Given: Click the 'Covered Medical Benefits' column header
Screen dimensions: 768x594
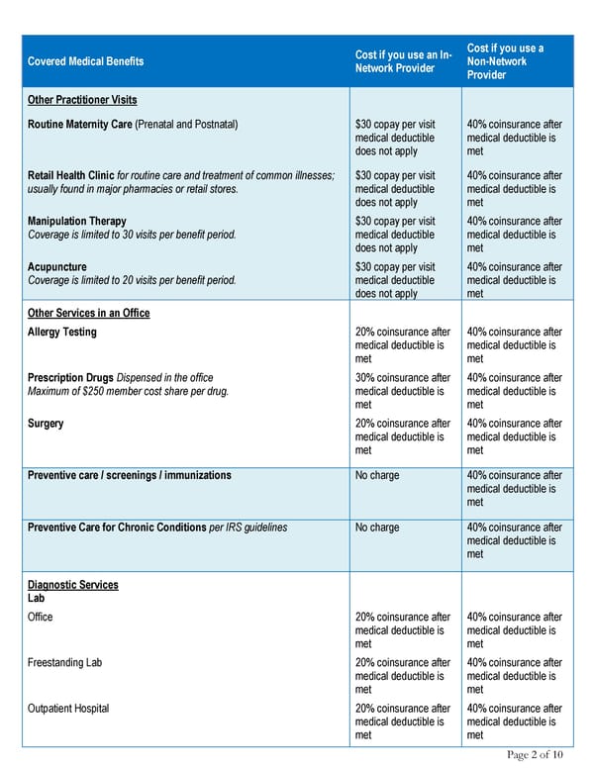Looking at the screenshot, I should tap(85, 61).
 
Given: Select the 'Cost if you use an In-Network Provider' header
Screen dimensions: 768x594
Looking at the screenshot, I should tap(403, 61).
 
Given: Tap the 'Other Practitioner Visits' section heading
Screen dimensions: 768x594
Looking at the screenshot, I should tap(82, 100).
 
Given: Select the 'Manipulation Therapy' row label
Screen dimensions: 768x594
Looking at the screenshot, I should tap(77, 222).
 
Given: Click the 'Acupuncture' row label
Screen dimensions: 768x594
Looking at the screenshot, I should tap(57, 267).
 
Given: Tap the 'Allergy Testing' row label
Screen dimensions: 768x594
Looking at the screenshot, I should tap(62, 333).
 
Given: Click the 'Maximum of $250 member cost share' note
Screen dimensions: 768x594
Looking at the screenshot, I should tap(129, 391).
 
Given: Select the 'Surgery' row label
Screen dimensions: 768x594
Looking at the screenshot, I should tap(46, 424).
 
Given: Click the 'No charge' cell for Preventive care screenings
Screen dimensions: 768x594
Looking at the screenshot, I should tap(377, 476).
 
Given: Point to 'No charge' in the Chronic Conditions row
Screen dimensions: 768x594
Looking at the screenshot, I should tap(377, 528).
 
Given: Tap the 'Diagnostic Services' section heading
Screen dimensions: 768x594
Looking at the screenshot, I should tap(73, 585).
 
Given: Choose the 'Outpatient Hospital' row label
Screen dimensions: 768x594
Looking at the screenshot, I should tap(68, 709).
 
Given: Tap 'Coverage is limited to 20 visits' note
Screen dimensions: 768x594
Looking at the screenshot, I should tap(132, 280).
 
